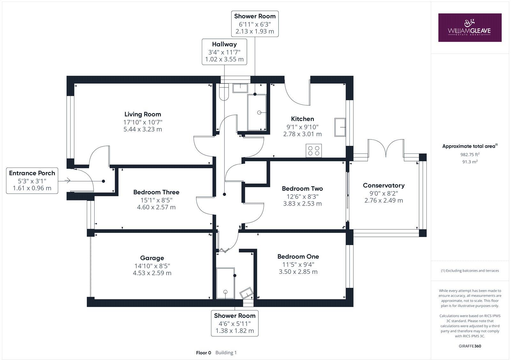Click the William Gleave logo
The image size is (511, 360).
469,27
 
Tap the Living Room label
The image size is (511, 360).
142,114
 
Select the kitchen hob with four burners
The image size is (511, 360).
314,150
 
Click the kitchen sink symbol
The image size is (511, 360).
340,127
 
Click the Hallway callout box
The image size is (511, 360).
224,52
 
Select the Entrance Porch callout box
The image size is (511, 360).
32,181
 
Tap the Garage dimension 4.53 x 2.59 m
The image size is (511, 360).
152,273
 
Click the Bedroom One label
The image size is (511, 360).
298,257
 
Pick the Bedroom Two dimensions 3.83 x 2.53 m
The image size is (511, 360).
302,204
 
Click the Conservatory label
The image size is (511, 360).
384,185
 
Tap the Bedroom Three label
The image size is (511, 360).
156,192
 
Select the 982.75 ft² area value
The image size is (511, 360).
470,154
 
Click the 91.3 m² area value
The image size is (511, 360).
470,162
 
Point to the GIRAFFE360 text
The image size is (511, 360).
470,346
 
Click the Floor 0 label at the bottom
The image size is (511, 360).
203,353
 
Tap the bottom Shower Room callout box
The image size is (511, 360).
234,323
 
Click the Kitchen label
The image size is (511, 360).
302,119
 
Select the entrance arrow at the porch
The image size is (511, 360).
67,181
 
